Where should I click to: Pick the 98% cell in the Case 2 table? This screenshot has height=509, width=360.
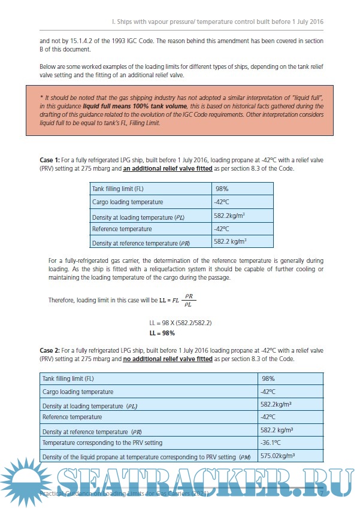pyautogui.click(x=268, y=378)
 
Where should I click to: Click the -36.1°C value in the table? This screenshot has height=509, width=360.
pyautogui.click(x=271, y=443)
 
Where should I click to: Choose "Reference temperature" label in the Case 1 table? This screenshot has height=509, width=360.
pyautogui.click(x=122, y=229)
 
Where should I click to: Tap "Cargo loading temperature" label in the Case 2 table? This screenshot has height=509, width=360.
pyautogui.click(x=77, y=392)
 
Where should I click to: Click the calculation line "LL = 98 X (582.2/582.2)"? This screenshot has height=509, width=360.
pyautogui.click(x=180, y=323)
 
